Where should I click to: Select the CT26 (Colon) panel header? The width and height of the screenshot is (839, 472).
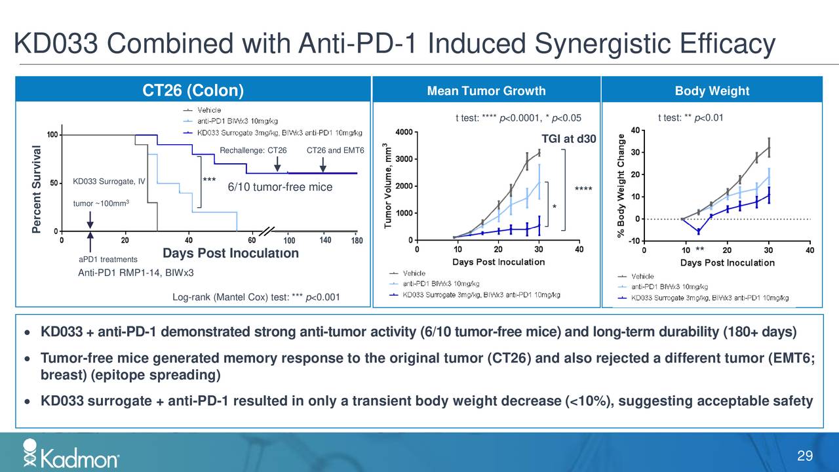tap(193, 90)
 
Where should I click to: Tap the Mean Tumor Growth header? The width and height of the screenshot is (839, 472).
tap(486, 91)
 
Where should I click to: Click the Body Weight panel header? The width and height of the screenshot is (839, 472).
tap(711, 91)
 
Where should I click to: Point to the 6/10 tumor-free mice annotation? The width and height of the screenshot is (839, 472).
tap(280, 187)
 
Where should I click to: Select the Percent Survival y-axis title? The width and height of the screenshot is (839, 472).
tap(37, 189)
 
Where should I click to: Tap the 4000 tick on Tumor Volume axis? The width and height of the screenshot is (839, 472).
tap(404, 132)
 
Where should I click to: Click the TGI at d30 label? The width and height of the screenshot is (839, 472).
tap(568, 140)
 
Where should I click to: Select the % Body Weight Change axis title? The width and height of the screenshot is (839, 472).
tap(621, 186)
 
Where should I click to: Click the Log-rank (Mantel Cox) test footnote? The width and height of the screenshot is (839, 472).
tap(256, 298)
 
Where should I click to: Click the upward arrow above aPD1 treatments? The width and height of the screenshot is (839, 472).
tap(90, 241)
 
